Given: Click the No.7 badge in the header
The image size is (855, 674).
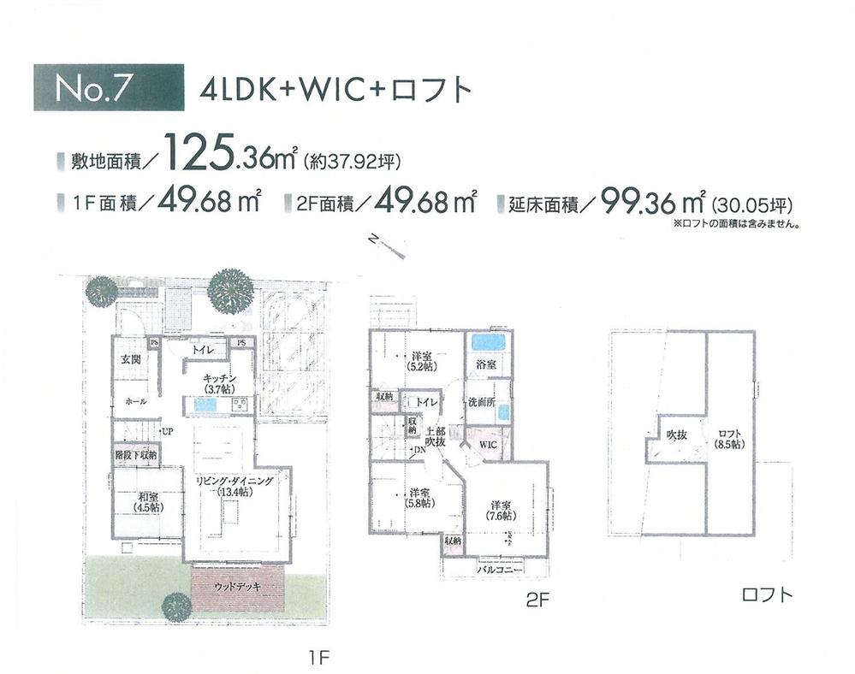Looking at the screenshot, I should [108, 88].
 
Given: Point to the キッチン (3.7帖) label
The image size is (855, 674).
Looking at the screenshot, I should [218, 383].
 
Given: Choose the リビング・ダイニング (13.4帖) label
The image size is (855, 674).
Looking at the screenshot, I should [235, 486].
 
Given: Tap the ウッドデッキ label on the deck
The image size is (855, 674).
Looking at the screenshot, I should [236, 586].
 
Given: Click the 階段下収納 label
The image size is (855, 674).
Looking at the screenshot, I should [135, 456].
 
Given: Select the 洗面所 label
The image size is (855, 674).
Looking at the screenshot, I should [479, 403].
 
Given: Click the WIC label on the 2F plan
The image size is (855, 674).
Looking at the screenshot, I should [488, 446].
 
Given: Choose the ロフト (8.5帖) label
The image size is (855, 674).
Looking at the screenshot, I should [730, 439].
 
